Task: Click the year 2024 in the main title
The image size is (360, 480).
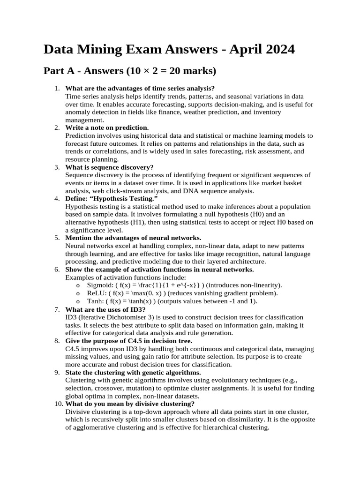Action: click(x=278, y=50)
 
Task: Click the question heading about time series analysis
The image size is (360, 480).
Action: click(x=140, y=89)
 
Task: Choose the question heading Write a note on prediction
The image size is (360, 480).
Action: click(x=107, y=127)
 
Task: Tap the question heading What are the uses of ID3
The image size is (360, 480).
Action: click(x=105, y=309)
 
